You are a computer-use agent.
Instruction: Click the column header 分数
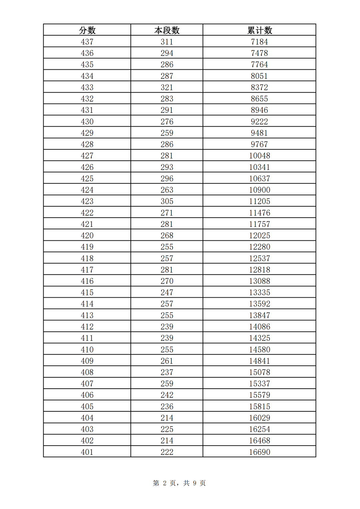pyautogui.click(x=87, y=30)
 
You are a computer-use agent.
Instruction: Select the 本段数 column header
pyautogui.click(x=167, y=30)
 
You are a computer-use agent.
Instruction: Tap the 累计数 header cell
pyautogui.click(x=260, y=30)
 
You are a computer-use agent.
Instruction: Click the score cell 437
pyautogui.click(x=87, y=42)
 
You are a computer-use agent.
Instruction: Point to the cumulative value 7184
pyautogui.click(x=260, y=42)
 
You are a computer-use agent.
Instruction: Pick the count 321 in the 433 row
pyautogui.click(x=167, y=87)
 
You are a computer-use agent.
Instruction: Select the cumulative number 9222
pyautogui.click(x=260, y=122)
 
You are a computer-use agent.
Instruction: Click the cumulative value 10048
pyautogui.click(x=260, y=156)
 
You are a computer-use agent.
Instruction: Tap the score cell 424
pyautogui.click(x=87, y=190)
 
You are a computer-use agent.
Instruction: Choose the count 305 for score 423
pyautogui.click(x=167, y=201)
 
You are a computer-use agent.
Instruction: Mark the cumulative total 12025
pyautogui.click(x=260, y=236)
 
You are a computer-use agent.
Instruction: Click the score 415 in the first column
pyautogui.click(x=87, y=292)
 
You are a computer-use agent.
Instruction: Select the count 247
pyautogui.click(x=167, y=292)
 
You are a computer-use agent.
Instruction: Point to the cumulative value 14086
pyautogui.click(x=260, y=327)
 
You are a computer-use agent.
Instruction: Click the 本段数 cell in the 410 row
pyautogui.click(x=167, y=350)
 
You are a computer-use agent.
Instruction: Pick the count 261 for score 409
pyautogui.click(x=167, y=361)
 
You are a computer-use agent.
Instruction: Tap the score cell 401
pyautogui.click(x=87, y=452)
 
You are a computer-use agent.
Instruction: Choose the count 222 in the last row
pyautogui.click(x=167, y=452)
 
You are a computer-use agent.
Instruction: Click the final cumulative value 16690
pyautogui.click(x=260, y=452)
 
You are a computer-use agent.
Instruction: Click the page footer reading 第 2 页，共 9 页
pyautogui.click(x=179, y=483)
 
